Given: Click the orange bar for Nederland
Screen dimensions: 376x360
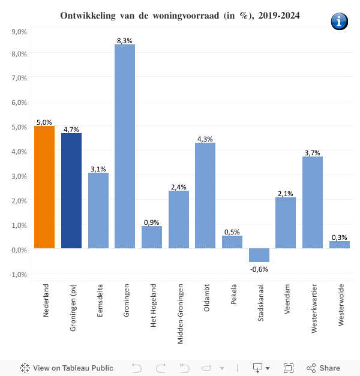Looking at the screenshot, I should (44, 187).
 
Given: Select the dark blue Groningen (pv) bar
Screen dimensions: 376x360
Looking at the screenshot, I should (71, 191).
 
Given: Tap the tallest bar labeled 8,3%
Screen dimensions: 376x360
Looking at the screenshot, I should (125, 146).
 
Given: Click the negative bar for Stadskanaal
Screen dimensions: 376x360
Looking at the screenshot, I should (259, 255).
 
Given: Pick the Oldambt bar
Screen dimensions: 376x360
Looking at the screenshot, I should (205, 195).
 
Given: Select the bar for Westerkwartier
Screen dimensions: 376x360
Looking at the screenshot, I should (313, 203).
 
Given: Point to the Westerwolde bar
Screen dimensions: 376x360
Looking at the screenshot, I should (340, 245).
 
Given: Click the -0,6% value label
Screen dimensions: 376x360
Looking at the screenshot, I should (259, 269).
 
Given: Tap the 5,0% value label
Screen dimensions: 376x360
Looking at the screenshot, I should (44, 122).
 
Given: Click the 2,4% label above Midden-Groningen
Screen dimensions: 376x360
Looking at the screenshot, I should (179, 187).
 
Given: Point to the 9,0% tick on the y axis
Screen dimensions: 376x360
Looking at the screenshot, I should (19, 30).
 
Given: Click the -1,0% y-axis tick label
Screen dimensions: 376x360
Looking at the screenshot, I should (18, 274).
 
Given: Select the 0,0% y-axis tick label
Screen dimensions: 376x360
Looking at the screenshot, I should (19, 249).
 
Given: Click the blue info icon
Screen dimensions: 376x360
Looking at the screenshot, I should (339, 21).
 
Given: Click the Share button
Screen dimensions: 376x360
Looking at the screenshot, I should (323, 368).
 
